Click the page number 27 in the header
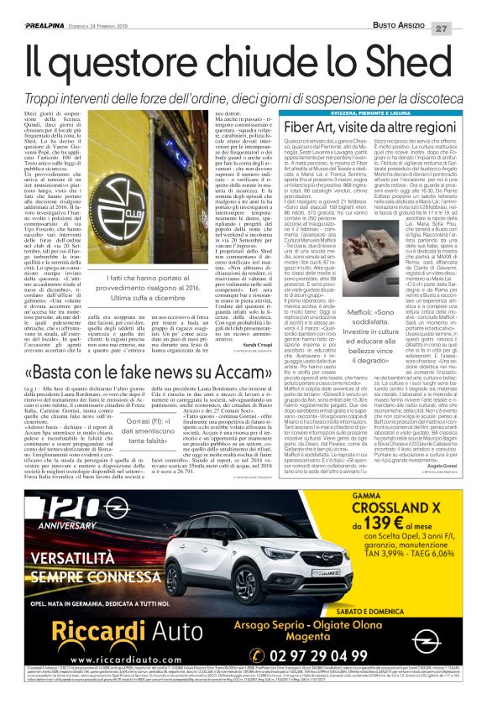[467, 7]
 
